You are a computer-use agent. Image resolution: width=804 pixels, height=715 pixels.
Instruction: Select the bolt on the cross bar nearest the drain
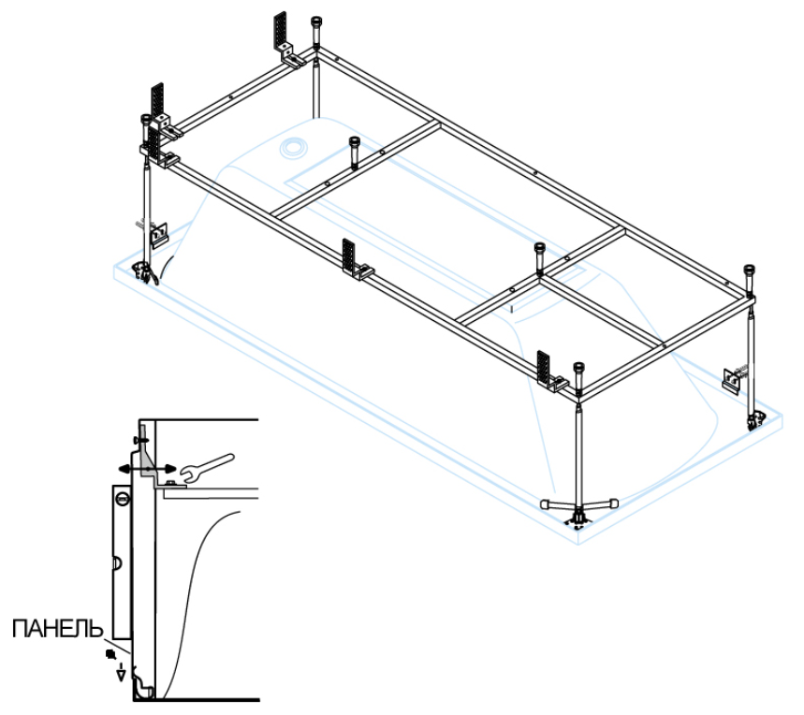(x=354, y=150)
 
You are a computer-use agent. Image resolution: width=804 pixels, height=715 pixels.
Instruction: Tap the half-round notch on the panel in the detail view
(x=116, y=563)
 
